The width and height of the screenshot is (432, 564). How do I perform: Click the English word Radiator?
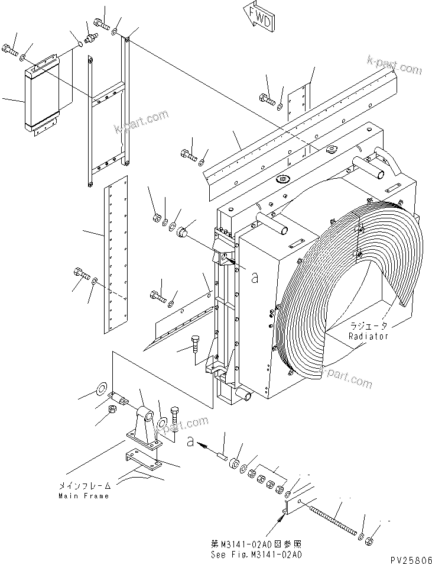368,336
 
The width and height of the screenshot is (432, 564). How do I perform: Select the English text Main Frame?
83,496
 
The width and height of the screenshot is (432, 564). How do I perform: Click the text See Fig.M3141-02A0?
256,555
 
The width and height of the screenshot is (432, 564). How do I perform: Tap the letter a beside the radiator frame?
254,278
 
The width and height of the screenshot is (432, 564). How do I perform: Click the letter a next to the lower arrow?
190,441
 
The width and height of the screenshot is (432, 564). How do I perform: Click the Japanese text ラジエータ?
368,326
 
